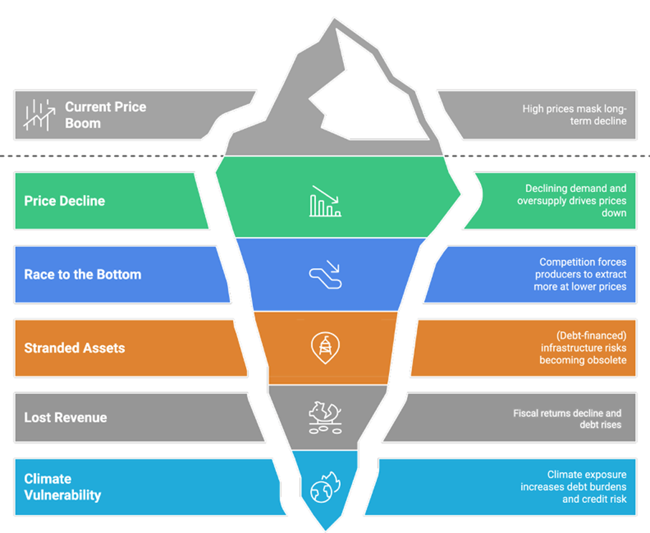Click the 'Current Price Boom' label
tap(105, 115)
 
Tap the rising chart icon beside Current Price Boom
tap(40, 115)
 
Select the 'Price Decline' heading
tap(64, 201)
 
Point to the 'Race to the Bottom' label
tap(82, 274)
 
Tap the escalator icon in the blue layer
tap(325, 275)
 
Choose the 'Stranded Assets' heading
tap(75, 348)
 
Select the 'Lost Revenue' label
tap(65, 417)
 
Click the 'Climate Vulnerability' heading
tap(62, 486)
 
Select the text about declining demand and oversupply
tap(572, 201)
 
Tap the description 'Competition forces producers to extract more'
tap(583, 274)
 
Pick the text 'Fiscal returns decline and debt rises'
tap(567, 418)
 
